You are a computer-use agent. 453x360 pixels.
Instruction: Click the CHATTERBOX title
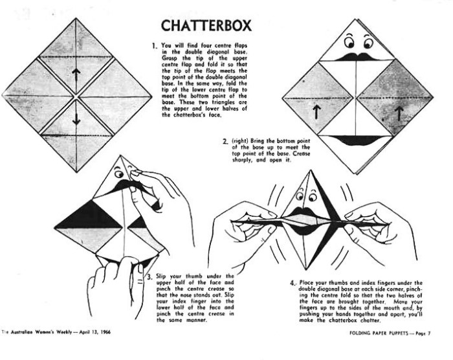point(206,25)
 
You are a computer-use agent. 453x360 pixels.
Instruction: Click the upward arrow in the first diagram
point(76,76)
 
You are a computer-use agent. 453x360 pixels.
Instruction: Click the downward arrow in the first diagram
point(76,117)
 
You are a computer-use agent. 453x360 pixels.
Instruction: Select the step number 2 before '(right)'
point(225,141)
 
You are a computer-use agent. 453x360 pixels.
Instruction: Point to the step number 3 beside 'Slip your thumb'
point(149,277)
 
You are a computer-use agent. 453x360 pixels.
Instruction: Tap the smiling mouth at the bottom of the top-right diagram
point(356,140)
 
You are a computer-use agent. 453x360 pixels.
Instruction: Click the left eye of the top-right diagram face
point(349,43)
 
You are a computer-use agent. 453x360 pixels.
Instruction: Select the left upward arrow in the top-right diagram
point(317,112)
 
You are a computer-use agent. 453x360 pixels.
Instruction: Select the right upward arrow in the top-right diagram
point(399,113)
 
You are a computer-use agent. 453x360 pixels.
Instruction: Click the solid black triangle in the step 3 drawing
point(89,216)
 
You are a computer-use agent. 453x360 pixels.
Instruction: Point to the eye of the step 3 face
point(118,174)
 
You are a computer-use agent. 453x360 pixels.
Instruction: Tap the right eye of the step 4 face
point(312,197)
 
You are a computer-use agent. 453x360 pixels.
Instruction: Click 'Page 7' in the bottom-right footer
point(423,333)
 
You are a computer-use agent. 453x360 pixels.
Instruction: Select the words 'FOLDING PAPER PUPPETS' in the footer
point(379,333)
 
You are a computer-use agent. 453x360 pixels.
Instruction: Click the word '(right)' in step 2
point(240,141)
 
